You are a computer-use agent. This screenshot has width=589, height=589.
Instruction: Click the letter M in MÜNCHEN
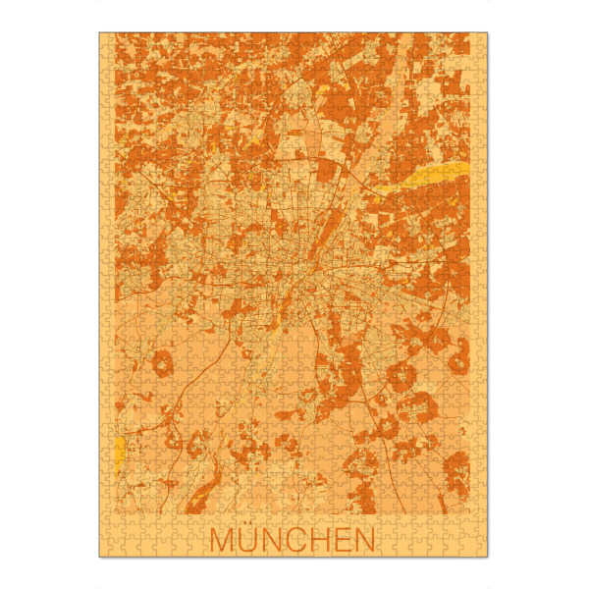[x=223, y=540]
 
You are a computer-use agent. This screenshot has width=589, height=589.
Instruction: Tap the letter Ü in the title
[x=248, y=541]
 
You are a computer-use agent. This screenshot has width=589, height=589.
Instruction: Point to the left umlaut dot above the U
[x=244, y=528]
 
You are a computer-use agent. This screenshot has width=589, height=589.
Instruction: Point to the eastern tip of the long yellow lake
[x=464, y=167]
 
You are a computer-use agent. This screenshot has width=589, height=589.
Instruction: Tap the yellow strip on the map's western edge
[x=120, y=451]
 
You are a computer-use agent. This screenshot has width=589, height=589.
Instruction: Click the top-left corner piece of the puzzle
[x=105, y=39]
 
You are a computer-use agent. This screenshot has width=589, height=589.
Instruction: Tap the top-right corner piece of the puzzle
[x=482, y=39]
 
